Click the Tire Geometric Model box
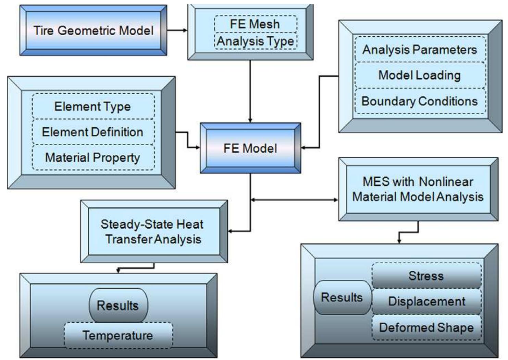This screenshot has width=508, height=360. coord(93,31)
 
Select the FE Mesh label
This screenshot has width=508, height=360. coord(255,24)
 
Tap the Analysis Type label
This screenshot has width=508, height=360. coord(256,41)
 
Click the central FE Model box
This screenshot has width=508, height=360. coord(250,148)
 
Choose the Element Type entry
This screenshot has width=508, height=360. coord(92,106)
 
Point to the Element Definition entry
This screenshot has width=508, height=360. coord(92,132)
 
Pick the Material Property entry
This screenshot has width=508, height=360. coord(92,158)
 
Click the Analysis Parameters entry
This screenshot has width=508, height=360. coord(420,50)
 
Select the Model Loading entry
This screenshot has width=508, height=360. coord(420,75)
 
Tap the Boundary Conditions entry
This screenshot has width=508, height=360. coord(420,101)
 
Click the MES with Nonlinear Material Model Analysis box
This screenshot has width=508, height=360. coord(418,189)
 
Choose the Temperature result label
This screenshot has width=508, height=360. coord(118,335)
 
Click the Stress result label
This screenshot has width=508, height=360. coord(426,276)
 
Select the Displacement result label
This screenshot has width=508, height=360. coord(426,301)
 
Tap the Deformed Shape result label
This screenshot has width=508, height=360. coord(426,327)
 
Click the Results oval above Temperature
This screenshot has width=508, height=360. coord(118,305)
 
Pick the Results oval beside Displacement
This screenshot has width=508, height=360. coord(342,297)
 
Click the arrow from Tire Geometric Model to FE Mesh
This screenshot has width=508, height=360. coord(177,30)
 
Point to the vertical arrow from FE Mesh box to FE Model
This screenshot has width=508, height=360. coord(250,91)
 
